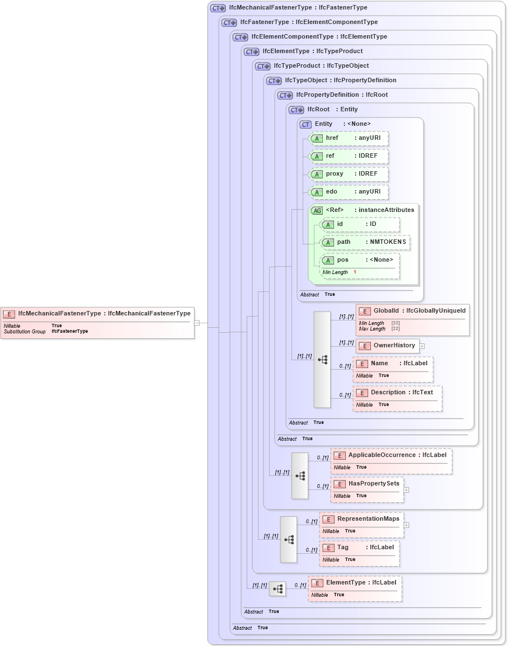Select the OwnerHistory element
pos(388,346)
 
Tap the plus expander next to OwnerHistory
pos(422,346)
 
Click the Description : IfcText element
pos(397,393)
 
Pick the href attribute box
pos(349,138)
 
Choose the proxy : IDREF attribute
pos(349,174)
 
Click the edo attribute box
pos(349,192)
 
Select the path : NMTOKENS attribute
pos(365,242)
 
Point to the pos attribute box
pos(360,260)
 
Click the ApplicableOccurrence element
pos(391,455)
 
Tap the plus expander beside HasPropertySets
pos(406,490)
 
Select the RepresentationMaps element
pos(361,519)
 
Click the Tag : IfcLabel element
pos(359,548)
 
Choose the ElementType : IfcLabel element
pos(355,583)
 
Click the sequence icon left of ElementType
pos(277,589)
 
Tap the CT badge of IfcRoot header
pos(297,110)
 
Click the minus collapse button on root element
pos(197,323)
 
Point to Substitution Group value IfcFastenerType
pos(69,332)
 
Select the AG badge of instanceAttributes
pos(317,210)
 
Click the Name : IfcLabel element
pos(393,364)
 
